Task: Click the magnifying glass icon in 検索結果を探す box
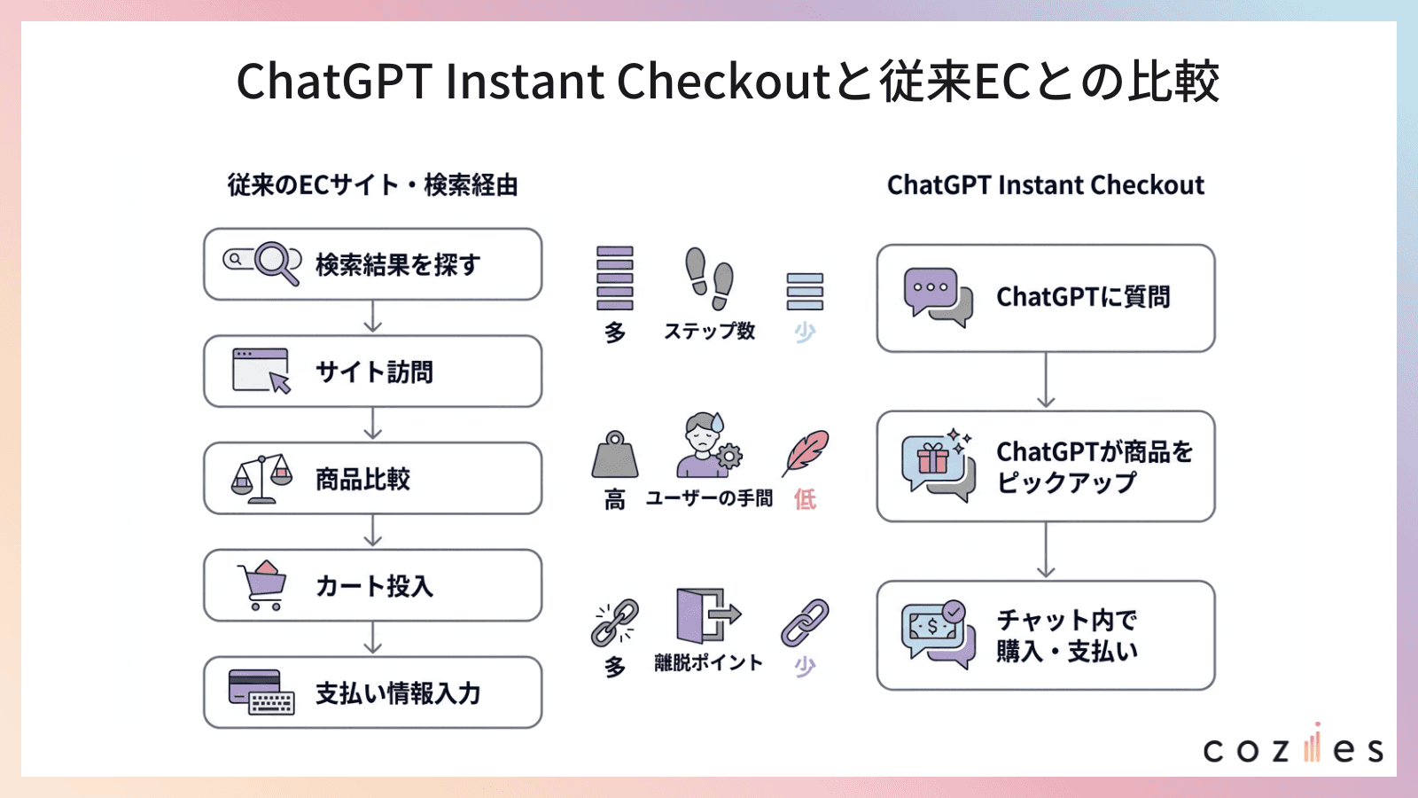tap(277, 262)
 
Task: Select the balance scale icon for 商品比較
tap(261, 479)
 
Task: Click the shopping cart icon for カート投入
tap(262, 585)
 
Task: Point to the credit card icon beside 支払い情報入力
tap(261, 692)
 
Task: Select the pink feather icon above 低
tap(806, 453)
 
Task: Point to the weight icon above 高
tap(615, 454)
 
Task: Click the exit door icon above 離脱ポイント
tap(707, 614)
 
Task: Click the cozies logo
tap(1292, 747)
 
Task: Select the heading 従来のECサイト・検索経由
tap(372, 185)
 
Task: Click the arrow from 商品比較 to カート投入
tap(373, 531)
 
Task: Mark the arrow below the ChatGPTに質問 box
tap(1046, 380)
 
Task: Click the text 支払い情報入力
tap(398, 693)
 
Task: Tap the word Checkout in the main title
tap(722, 82)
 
